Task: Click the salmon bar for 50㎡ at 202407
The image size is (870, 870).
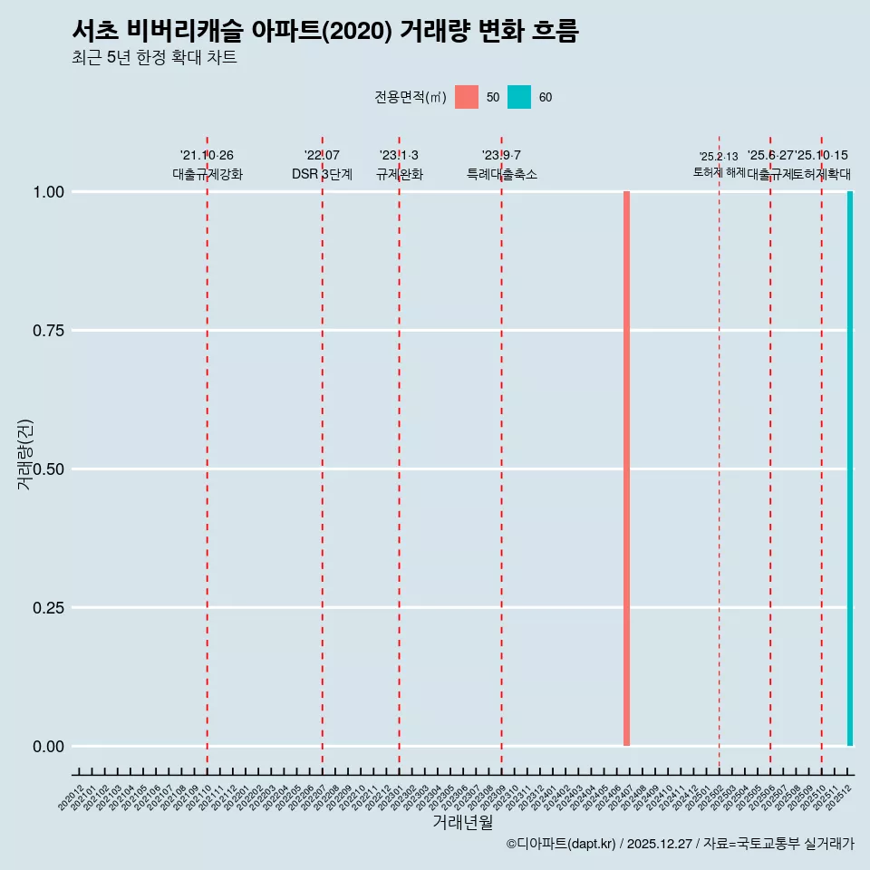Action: point(626,469)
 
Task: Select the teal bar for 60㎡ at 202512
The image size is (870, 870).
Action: point(849,469)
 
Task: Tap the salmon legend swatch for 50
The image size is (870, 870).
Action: point(467,97)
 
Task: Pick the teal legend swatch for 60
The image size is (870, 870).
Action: point(519,97)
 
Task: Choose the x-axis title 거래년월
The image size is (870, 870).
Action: point(462,823)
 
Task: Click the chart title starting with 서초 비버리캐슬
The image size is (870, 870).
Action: point(324,31)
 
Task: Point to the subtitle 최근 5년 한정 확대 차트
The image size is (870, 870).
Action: point(154,58)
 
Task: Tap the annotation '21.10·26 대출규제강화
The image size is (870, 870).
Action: point(208,165)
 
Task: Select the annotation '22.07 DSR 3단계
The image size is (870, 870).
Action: point(322,165)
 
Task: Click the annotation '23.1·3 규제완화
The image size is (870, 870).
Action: point(399,165)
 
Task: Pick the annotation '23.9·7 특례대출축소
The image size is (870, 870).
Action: point(501,165)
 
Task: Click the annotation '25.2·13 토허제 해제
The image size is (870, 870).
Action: point(719,164)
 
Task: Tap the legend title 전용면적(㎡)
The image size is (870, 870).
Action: point(410,97)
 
